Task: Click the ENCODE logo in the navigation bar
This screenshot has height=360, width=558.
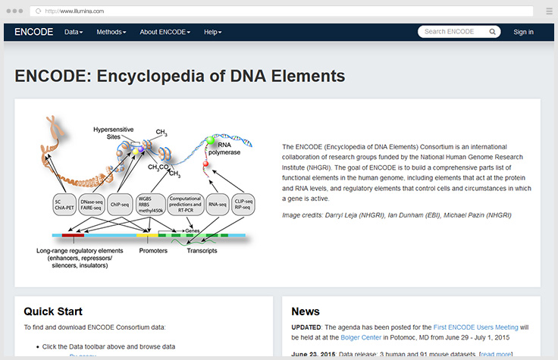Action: pyautogui.click(x=33, y=32)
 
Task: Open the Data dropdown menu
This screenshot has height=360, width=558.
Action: pyautogui.click(x=74, y=32)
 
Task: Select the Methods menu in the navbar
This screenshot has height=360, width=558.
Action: pyautogui.click(x=111, y=32)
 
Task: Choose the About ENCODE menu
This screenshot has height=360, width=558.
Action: pyautogui.click(x=165, y=32)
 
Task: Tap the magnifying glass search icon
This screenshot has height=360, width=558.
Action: pyautogui.click(x=492, y=32)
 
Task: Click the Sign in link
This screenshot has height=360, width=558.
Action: pyautogui.click(x=523, y=32)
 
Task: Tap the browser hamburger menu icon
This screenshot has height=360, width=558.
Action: pyautogui.click(x=548, y=11)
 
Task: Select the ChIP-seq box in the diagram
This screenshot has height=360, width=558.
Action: pyautogui.click(x=120, y=204)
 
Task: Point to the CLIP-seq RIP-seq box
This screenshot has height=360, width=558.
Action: pyautogui.click(x=247, y=204)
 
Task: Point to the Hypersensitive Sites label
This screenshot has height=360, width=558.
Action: pyautogui.click(x=114, y=133)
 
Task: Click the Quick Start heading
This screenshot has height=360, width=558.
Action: pyautogui.click(x=53, y=311)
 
